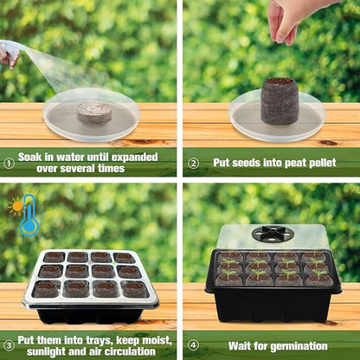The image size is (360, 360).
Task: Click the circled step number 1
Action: pos(8,161)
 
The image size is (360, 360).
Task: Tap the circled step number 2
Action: pos(193,162)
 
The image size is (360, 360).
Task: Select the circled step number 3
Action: pos(8,344)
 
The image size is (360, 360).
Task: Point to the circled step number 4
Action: pos(193,345)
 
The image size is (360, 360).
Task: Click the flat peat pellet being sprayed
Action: pos(93,112)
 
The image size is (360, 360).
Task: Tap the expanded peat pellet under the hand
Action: pos(280,100)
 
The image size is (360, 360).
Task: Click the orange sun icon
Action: pos(16,206)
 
